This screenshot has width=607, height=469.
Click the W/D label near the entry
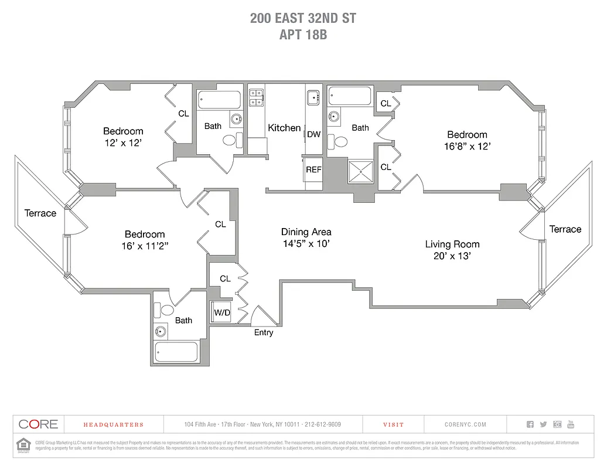click(x=222, y=313)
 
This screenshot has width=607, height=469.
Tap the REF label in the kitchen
click(x=313, y=169)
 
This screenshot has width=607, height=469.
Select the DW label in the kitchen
click(x=314, y=134)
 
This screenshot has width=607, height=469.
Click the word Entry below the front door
click(x=263, y=332)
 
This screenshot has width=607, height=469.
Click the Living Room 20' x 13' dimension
click(x=452, y=256)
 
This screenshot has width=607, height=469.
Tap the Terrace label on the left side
click(x=40, y=213)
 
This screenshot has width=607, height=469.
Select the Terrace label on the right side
click(x=565, y=229)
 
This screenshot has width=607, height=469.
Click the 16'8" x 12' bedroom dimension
click(x=467, y=146)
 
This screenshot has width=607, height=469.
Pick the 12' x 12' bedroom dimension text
click(x=123, y=142)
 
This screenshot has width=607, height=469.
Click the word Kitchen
click(x=284, y=128)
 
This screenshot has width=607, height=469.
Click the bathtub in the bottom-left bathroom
click(x=176, y=352)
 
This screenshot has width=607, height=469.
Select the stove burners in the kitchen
click(x=255, y=97)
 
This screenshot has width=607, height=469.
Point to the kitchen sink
click(x=312, y=96)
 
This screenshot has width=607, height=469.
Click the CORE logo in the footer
click(x=38, y=424)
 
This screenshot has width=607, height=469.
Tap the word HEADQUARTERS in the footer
click(x=113, y=424)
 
